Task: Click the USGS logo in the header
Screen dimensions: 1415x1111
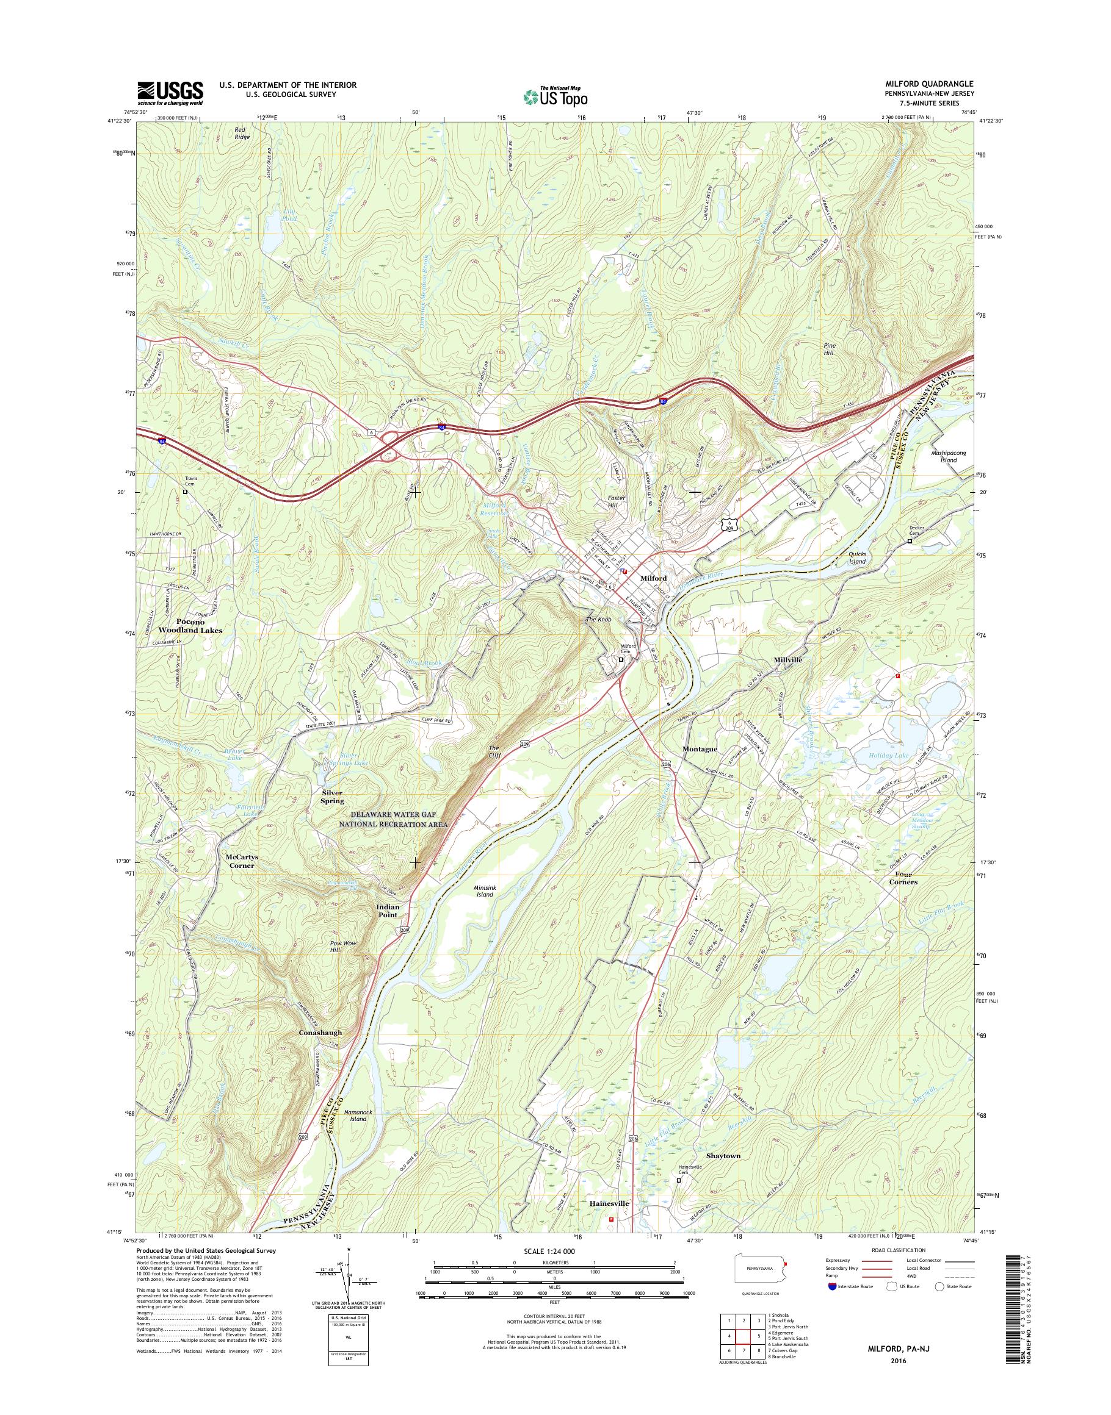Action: tap(170, 93)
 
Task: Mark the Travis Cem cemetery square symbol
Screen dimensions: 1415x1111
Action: tap(185, 492)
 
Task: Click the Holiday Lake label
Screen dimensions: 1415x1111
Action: tap(888, 755)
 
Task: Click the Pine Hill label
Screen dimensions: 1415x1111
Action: tap(832, 348)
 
